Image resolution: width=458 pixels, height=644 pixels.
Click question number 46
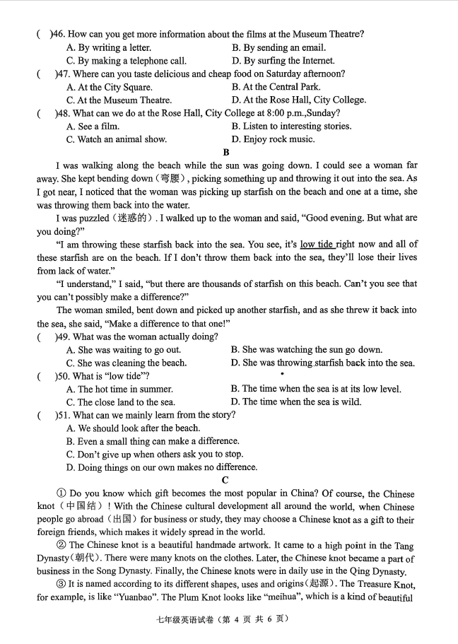point(56,34)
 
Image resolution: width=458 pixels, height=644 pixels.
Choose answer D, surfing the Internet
point(283,61)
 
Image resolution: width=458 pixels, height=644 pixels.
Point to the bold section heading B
point(226,152)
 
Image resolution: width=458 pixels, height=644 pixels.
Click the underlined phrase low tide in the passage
point(317,245)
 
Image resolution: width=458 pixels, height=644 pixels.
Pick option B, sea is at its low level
point(316,389)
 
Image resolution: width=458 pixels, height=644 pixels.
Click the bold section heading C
point(225,480)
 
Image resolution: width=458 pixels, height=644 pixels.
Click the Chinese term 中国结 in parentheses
point(83,506)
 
